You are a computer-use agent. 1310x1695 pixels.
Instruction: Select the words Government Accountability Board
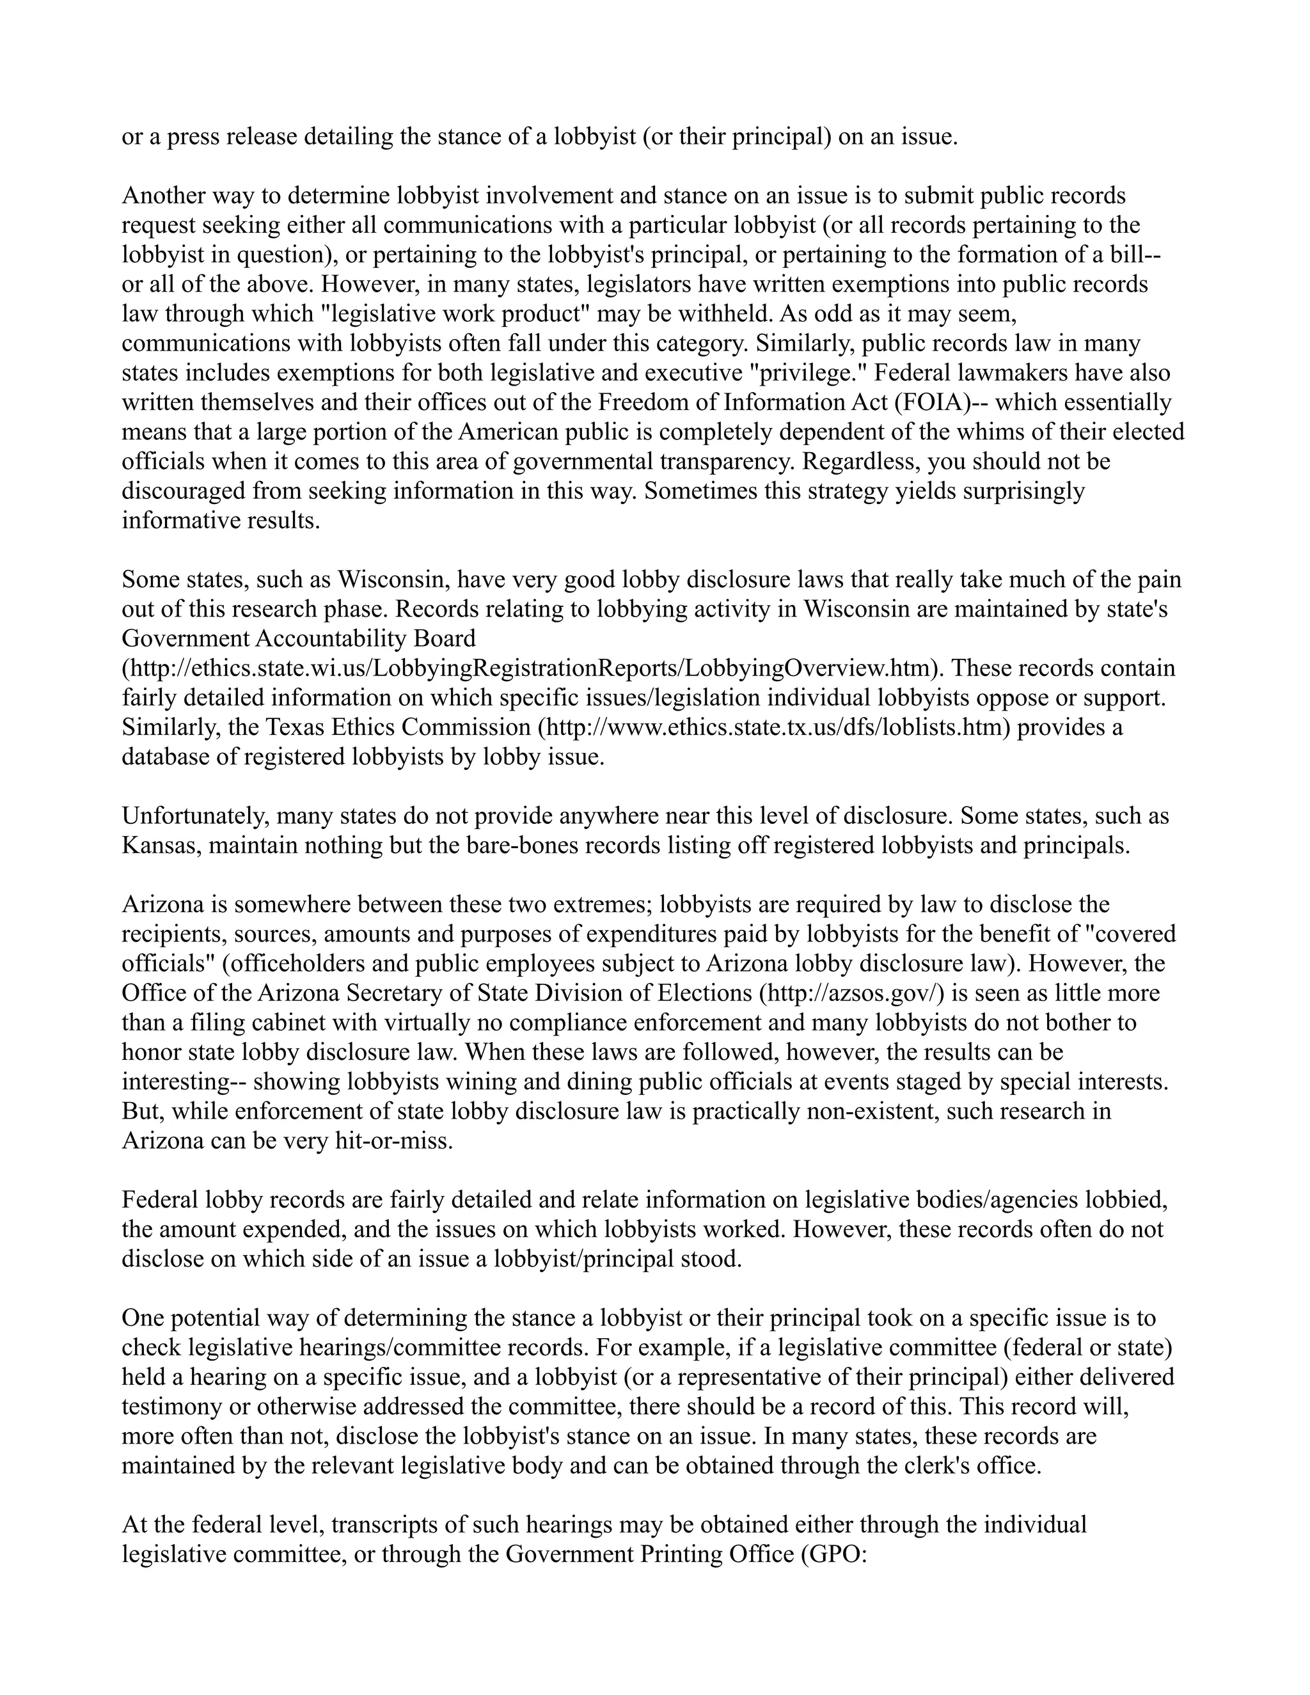[299, 639]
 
